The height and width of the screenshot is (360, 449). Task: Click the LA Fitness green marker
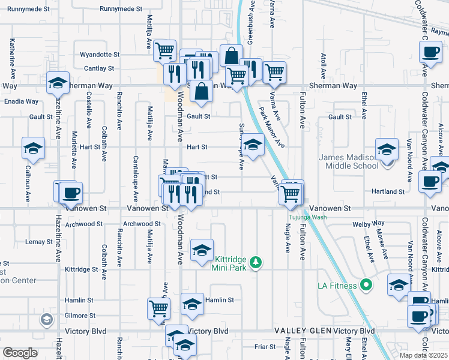pyautogui.click(x=365, y=286)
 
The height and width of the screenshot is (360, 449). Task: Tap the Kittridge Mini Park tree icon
pyautogui.click(x=256, y=262)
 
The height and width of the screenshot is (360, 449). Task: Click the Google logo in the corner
pyautogui.click(x=20, y=353)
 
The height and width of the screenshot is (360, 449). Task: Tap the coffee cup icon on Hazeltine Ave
pyautogui.click(x=71, y=193)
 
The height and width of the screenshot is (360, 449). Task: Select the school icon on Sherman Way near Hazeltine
pyautogui.click(x=58, y=83)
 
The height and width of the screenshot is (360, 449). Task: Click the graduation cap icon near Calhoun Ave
pyautogui.click(x=33, y=148)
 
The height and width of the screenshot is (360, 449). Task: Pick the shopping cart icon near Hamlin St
pyautogui.click(x=158, y=308)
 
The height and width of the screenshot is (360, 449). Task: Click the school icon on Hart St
pyautogui.click(x=253, y=145)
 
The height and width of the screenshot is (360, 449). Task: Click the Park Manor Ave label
pyautogui.click(x=271, y=127)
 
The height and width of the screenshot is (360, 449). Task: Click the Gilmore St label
pyautogui.click(x=80, y=315)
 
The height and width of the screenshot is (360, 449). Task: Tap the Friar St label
pyautogui.click(x=265, y=346)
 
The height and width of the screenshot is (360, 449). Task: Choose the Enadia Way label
pyautogui.click(x=21, y=101)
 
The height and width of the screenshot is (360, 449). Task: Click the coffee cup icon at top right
pyautogui.click(x=430, y=51)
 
